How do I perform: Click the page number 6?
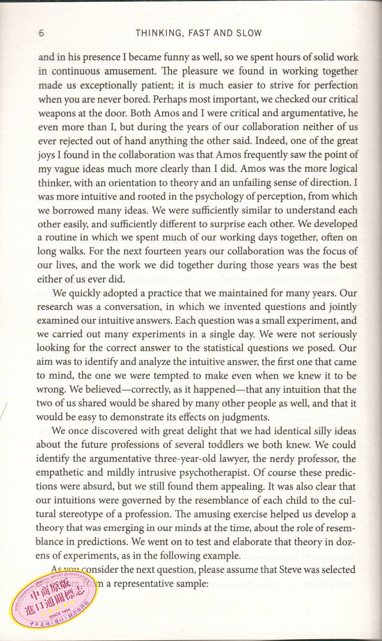41,33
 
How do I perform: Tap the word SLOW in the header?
250,33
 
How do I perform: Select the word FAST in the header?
195,33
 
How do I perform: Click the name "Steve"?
291,569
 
